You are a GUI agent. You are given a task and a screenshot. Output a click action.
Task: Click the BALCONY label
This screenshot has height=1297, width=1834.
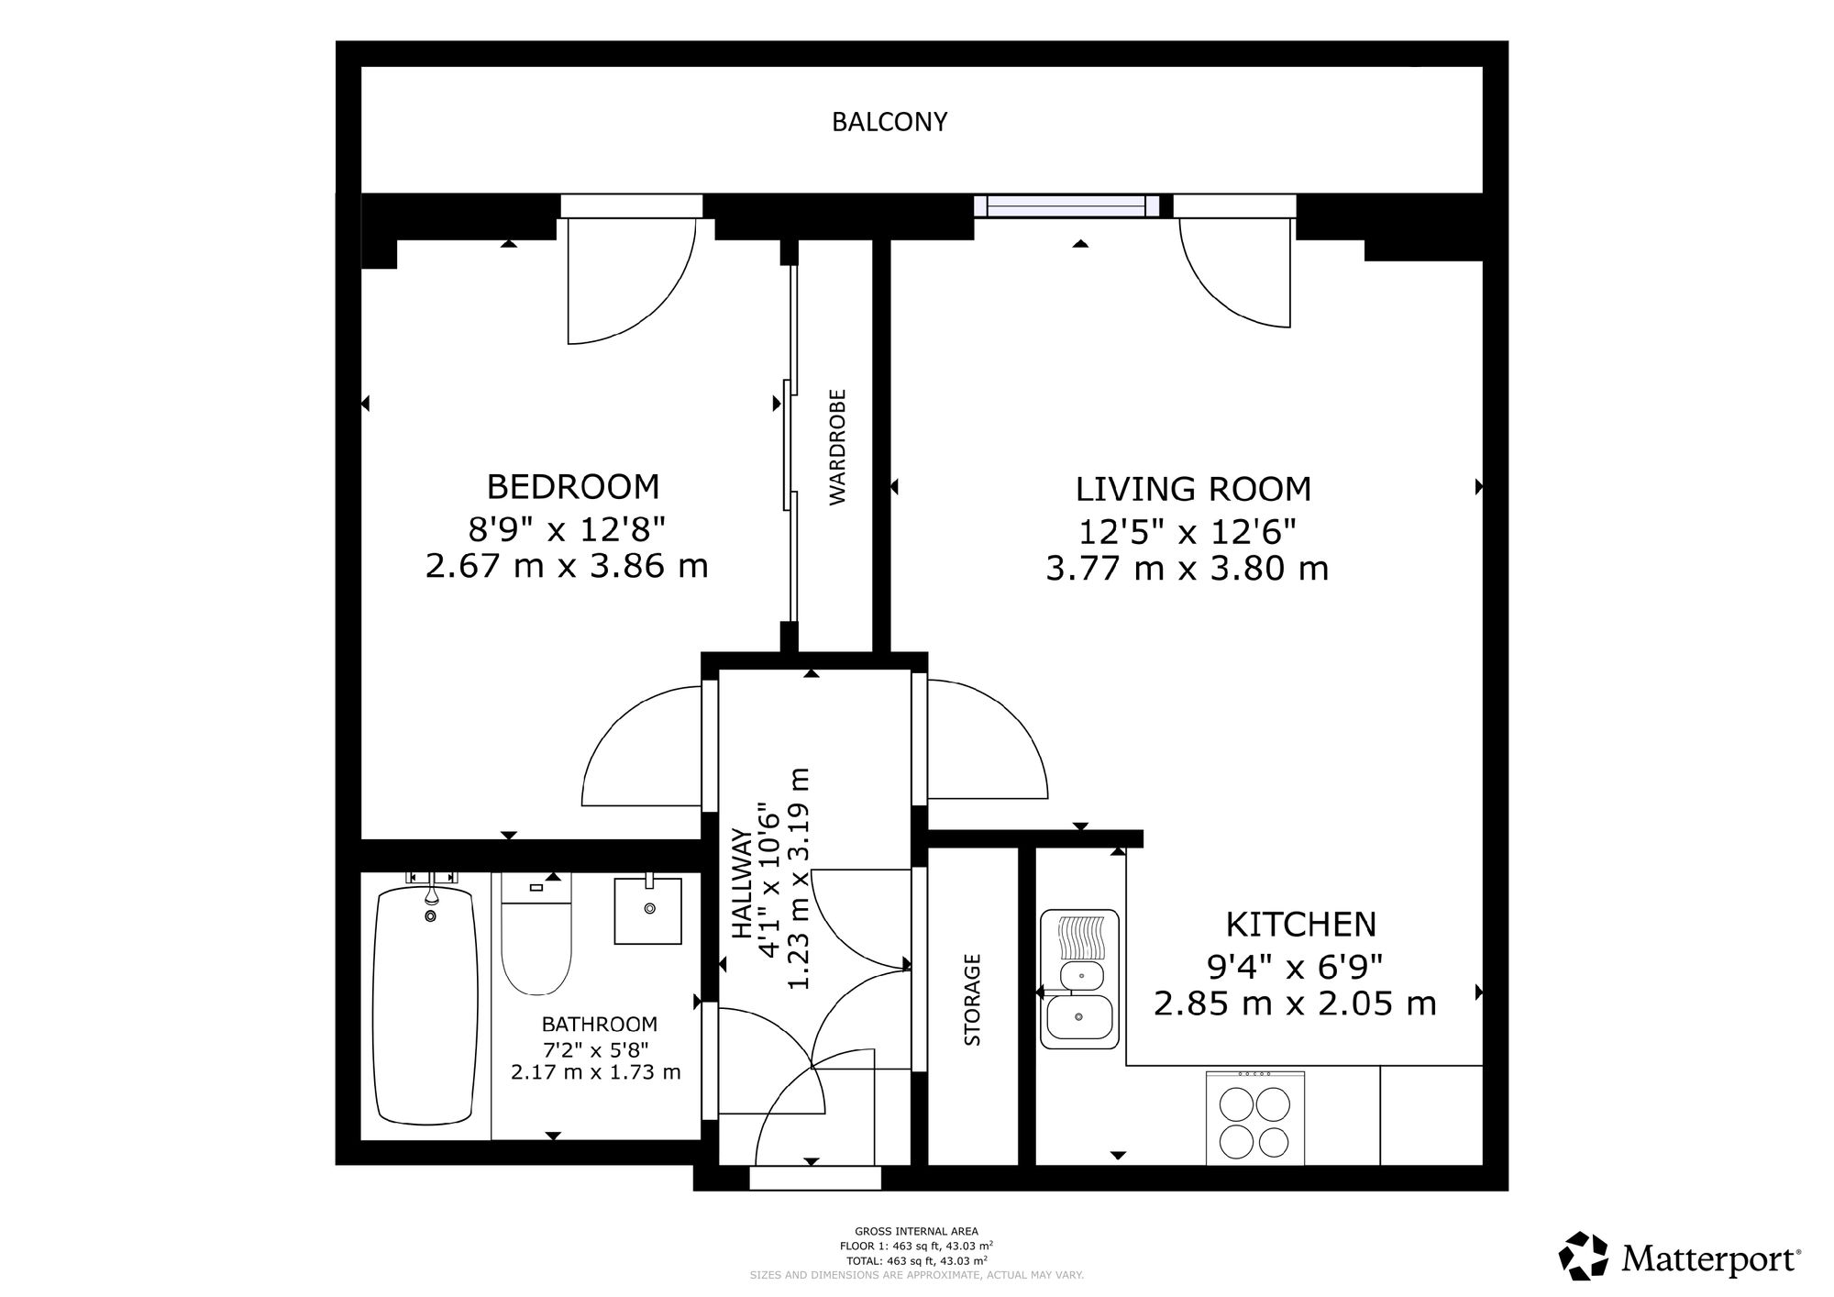point(889,122)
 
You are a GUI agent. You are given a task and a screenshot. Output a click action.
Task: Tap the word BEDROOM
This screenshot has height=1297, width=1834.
point(572,485)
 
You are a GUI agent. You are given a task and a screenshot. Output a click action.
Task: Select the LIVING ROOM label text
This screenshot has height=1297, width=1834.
point(1193,490)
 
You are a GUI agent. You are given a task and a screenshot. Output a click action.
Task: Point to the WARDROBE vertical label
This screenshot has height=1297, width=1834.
point(837,448)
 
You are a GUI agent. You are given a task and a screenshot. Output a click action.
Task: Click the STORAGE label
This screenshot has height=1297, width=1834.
point(973,1000)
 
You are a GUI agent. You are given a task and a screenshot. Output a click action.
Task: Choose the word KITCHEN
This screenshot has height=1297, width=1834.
point(1301,925)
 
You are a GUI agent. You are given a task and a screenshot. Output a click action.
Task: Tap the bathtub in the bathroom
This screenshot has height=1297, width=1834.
point(425,1003)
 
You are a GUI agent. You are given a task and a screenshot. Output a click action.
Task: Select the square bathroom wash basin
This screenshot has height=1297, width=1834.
point(648,910)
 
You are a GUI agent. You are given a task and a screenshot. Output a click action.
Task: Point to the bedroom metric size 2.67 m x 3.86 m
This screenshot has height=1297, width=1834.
point(567,566)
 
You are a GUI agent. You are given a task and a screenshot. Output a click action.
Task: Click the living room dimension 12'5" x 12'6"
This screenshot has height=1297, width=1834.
point(1188,531)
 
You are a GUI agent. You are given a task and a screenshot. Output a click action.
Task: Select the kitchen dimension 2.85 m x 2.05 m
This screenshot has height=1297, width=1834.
point(1295,1004)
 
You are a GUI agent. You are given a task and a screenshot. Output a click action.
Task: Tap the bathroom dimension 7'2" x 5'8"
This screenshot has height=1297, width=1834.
point(596,1048)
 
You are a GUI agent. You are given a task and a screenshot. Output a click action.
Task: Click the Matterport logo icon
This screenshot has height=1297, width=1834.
point(1584,1256)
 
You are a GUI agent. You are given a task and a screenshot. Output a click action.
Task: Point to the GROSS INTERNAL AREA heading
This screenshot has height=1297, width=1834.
point(916,1232)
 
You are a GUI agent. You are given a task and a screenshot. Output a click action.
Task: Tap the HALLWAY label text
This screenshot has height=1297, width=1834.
point(741,884)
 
